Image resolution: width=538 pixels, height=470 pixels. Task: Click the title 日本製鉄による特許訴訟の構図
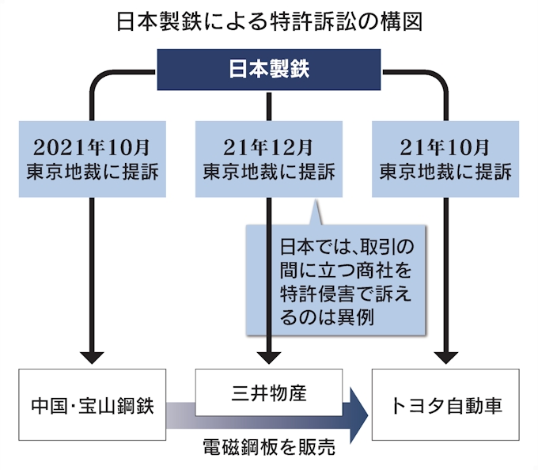[269, 21]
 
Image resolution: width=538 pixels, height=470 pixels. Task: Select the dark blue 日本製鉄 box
[269, 70]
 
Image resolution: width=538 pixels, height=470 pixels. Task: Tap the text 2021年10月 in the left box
[93, 146]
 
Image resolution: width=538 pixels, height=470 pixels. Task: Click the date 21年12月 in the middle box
[270, 146]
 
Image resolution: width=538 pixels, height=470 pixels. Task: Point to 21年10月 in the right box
[445, 146]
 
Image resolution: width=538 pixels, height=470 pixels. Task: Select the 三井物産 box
[270, 392]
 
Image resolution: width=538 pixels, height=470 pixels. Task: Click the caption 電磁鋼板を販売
[269, 448]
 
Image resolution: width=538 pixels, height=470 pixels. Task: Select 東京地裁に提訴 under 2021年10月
[93, 171]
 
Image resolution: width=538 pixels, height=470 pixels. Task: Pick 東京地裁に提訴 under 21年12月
[270, 171]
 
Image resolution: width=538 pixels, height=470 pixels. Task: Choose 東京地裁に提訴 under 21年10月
[445, 171]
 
